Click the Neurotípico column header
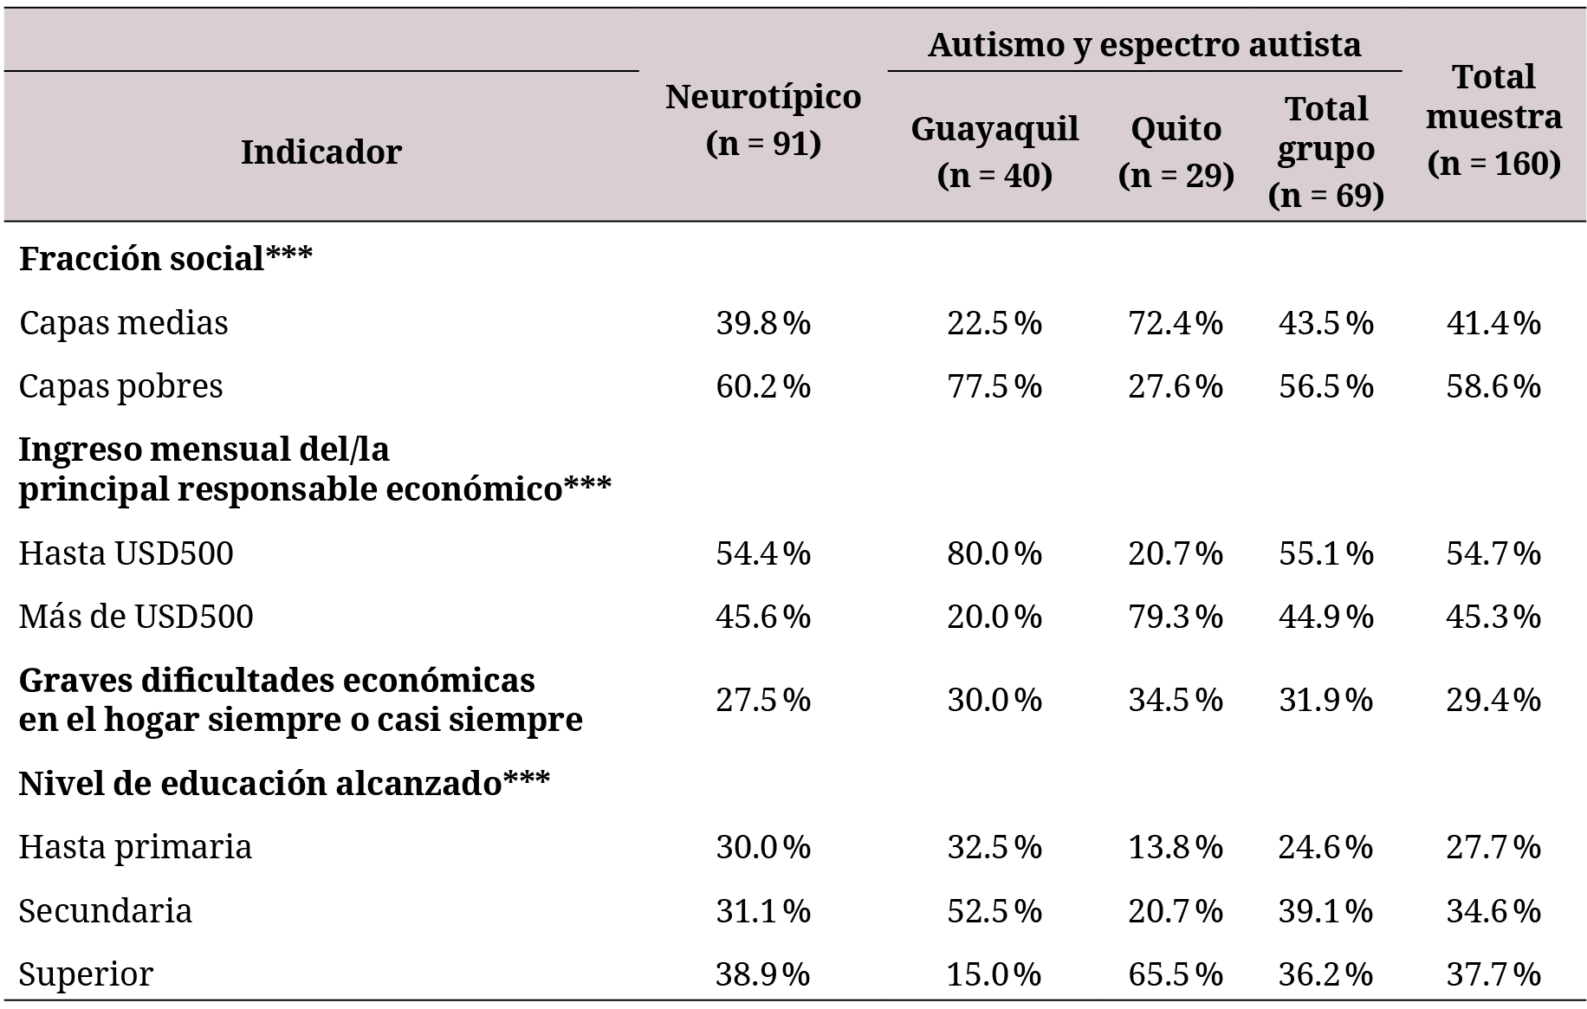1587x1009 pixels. coord(763,120)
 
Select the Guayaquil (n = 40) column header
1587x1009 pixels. coord(994,152)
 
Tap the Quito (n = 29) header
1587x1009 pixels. coord(1176,152)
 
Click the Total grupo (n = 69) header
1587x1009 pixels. coord(1325,152)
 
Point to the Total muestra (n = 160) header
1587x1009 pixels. coord(1493,120)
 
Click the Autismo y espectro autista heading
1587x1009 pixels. coord(1144,44)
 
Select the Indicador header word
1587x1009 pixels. coord(321,152)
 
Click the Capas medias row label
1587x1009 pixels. coord(124,323)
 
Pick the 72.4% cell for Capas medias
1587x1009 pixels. coord(1176,323)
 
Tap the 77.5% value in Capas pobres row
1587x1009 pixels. coord(994,386)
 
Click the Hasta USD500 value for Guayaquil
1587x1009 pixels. coord(994,553)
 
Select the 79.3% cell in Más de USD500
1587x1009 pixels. coord(1176,617)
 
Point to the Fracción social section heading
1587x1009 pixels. coord(165,258)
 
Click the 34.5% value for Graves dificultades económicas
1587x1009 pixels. coord(1176,700)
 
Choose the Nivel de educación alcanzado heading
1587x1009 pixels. coord(284,783)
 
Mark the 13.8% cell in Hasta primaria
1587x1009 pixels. coord(1176,847)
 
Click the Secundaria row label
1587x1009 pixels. coord(106,911)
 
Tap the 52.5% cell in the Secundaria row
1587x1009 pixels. coord(994,911)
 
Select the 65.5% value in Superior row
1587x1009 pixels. coord(1176,974)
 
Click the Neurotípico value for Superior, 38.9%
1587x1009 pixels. coord(763,974)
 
